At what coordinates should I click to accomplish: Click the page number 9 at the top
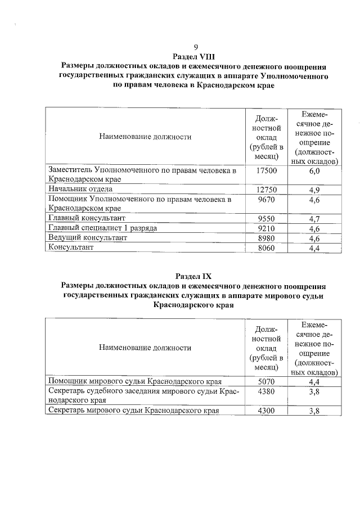coord(195,47)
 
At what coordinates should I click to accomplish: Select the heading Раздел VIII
coord(195,57)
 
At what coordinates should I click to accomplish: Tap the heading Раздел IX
coord(194,277)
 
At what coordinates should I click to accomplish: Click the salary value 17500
coord(266,170)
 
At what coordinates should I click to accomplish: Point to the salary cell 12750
coord(266,190)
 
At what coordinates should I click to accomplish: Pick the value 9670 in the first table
coord(266,199)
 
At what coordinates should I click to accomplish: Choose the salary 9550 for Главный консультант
coord(266,218)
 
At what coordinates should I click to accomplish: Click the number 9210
coord(266,228)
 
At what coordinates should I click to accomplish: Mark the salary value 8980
coord(266,238)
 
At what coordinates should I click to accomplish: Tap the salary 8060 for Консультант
coord(266,247)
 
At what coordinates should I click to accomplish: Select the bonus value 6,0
coord(314,170)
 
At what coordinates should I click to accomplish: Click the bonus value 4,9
coord(314,190)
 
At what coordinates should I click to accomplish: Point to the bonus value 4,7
coord(314,218)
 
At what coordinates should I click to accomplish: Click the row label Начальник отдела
coord(80,189)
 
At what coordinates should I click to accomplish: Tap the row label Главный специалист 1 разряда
coord(102,228)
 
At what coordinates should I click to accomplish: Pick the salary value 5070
coord(266,381)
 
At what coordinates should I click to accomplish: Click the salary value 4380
coord(266,391)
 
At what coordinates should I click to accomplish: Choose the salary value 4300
coord(266,411)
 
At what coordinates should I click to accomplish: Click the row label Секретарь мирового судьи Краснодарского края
coord(133,411)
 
